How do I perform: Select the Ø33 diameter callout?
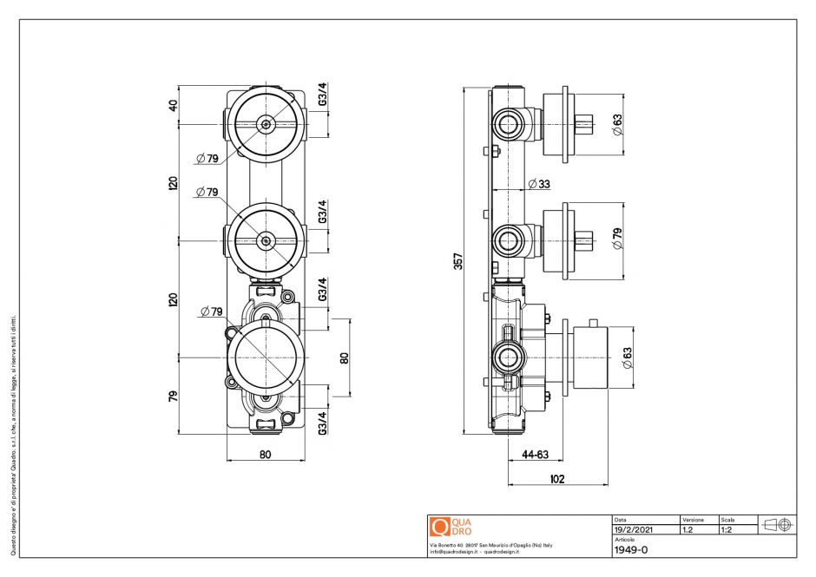(538, 184)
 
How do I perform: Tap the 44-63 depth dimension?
(536, 453)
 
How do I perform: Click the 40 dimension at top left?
(173, 105)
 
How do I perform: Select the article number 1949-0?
(630, 549)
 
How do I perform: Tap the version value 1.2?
(688, 528)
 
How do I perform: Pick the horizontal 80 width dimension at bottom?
(265, 453)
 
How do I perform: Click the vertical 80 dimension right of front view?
(344, 357)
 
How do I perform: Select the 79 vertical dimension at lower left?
(173, 396)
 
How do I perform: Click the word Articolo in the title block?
(624, 539)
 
